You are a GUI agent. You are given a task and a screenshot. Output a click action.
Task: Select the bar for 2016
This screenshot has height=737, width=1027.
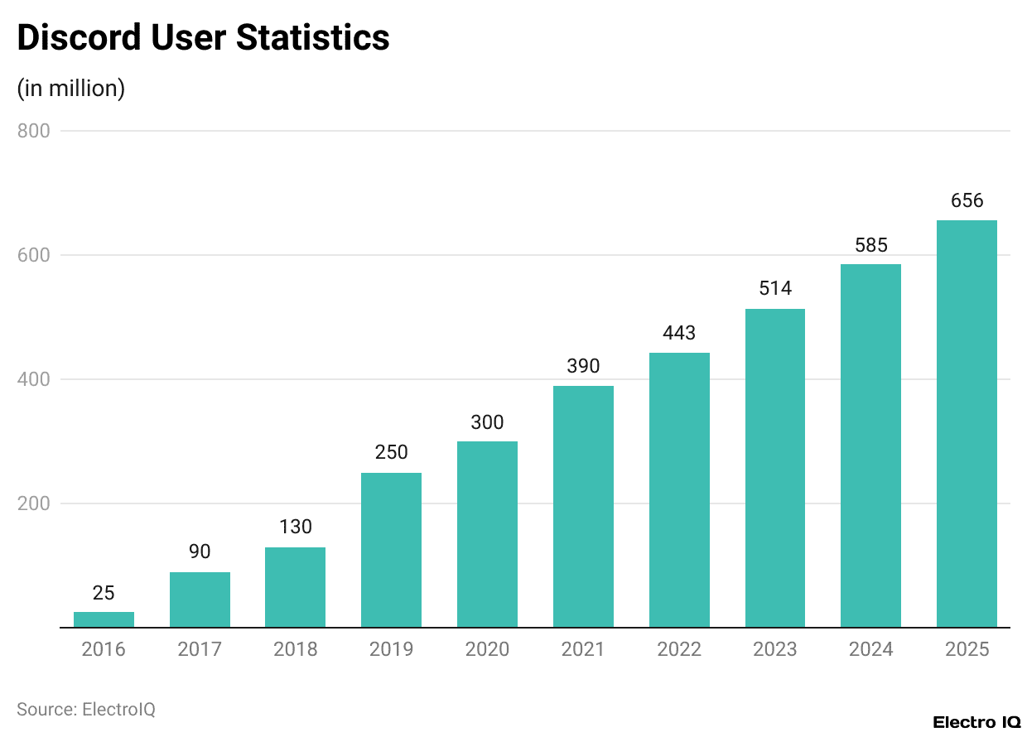(104, 619)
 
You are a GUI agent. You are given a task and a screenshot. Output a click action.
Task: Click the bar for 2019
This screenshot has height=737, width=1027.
(391, 550)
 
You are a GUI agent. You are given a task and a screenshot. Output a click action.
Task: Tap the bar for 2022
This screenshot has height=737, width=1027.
(679, 490)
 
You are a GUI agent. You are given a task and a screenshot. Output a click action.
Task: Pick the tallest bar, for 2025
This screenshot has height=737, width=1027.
(967, 424)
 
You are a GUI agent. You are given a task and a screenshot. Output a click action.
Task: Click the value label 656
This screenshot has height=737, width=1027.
(967, 200)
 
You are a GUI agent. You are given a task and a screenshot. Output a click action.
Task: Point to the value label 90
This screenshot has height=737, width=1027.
(200, 552)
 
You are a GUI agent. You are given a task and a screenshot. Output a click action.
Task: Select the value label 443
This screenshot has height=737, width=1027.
(679, 333)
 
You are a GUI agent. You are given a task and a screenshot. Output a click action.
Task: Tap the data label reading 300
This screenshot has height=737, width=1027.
(487, 421)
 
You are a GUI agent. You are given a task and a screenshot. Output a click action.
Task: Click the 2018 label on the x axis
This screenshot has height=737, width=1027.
(296, 649)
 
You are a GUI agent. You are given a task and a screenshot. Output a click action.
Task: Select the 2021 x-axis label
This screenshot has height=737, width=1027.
(583, 649)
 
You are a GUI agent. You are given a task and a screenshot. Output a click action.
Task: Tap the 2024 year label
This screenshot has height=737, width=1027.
(870, 649)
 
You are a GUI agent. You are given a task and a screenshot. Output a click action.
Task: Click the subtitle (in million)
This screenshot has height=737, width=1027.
(70, 88)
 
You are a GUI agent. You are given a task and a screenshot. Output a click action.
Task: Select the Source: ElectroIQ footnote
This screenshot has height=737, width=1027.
(86, 709)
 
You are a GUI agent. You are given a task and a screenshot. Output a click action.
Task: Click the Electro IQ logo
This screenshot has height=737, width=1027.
(976, 721)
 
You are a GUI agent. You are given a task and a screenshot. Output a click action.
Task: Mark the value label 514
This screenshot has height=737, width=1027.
(775, 288)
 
